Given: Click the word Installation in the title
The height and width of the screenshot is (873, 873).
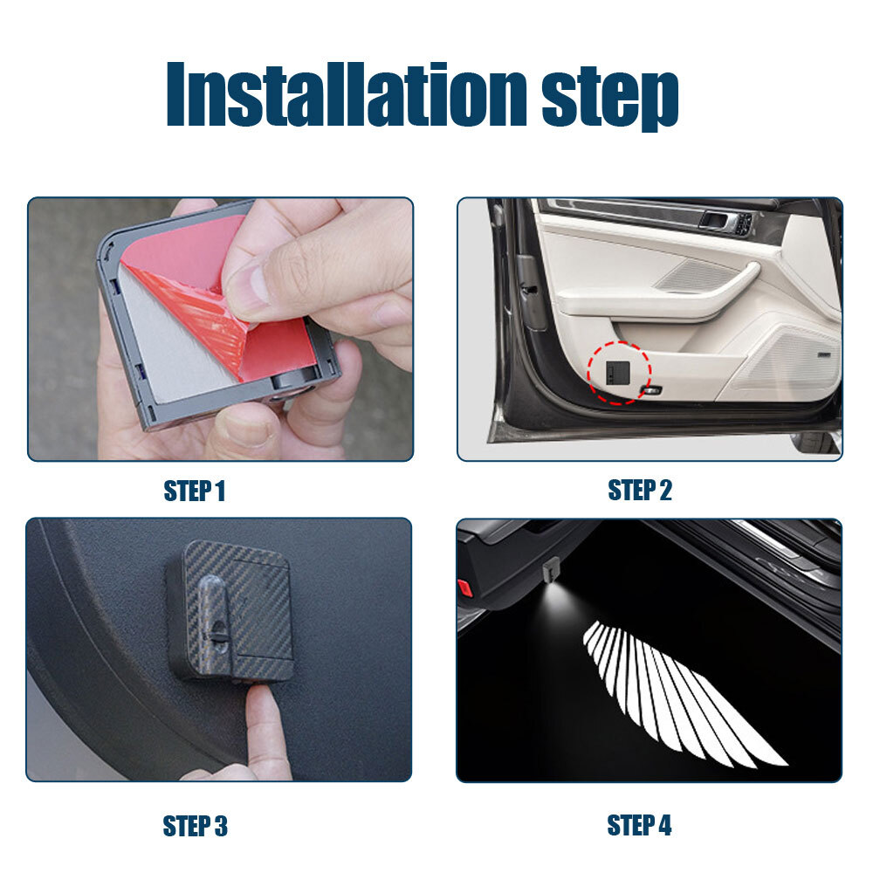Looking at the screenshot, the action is click(x=346, y=93).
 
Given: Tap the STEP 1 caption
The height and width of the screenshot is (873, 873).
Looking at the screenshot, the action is click(x=194, y=491).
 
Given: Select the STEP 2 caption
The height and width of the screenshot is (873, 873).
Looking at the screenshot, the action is click(x=640, y=491).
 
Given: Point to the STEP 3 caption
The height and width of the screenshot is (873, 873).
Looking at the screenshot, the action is click(x=195, y=826).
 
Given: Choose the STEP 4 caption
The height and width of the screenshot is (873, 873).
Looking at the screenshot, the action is click(x=639, y=825).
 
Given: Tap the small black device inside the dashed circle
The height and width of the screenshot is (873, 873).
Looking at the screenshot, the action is click(x=617, y=372).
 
